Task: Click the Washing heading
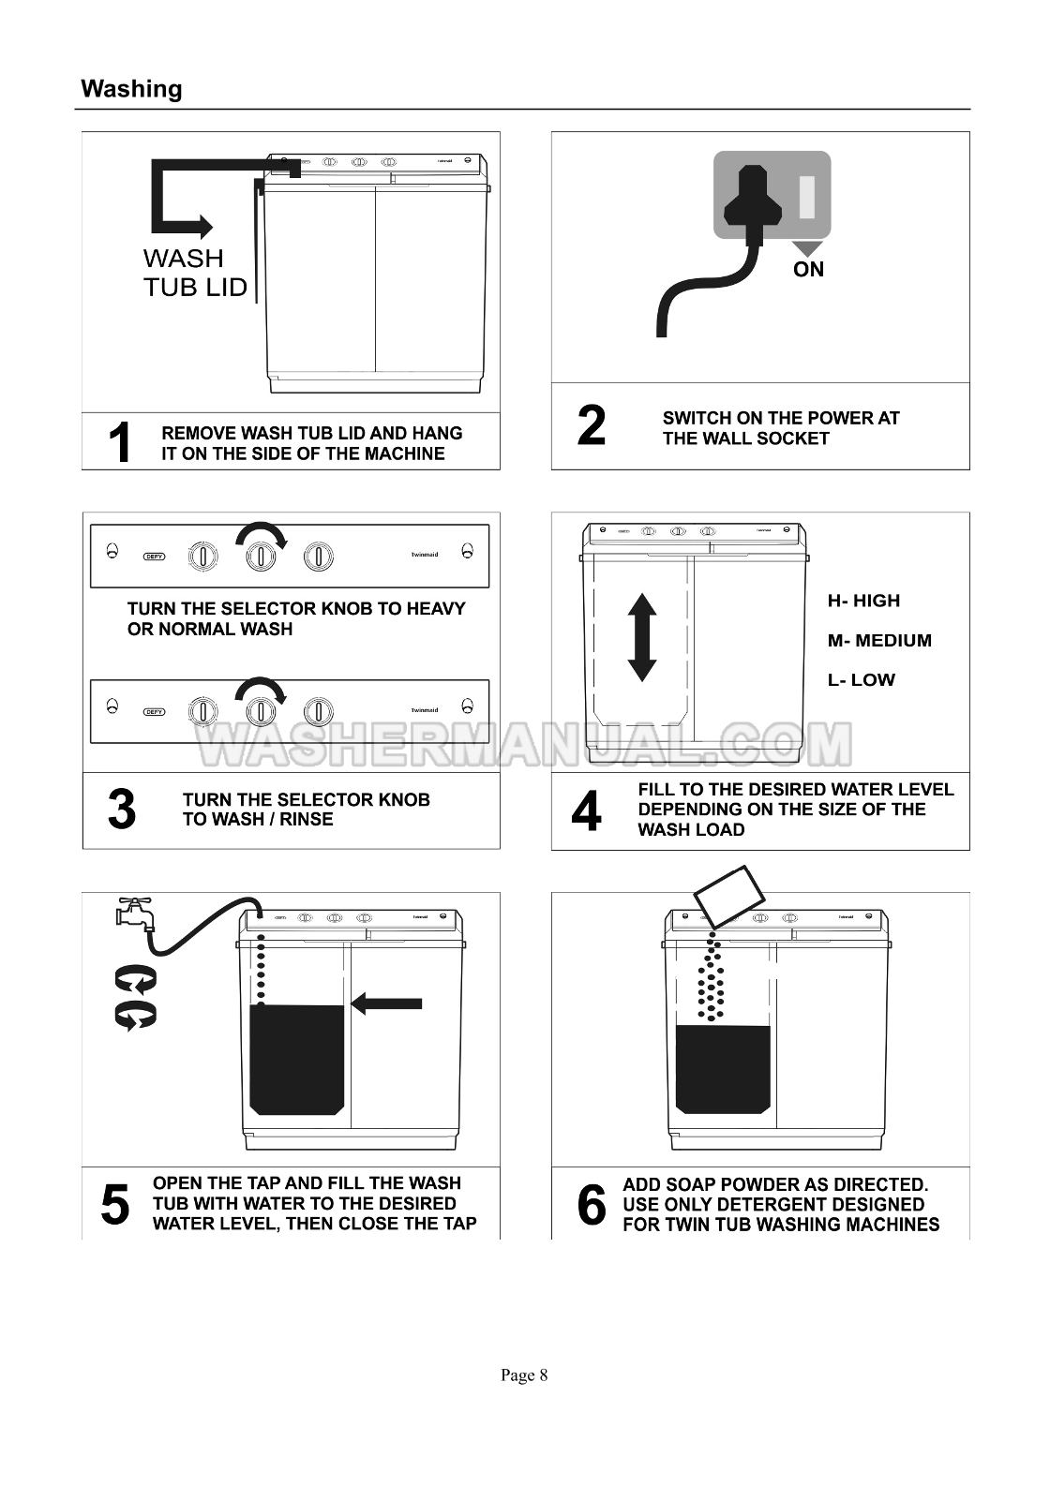(x=131, y=89)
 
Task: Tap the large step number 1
(x=119, y=442)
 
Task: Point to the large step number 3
(x=122, y=809)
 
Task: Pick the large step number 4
(x=587, y=810)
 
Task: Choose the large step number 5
(x=114, y=1204)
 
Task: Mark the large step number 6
(x=592, y=1204)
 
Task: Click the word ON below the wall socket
(x=808, y=269)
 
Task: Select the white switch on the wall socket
(x=807, y=197)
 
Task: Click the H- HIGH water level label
(x=863, y=601)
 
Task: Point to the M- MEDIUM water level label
(x=879, y=640)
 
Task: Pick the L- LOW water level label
(x=861, y=680)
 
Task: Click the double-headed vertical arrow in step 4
(x=642, y=637)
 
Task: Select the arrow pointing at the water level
(x=385, y=1003)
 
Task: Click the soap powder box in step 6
(x=728, y=897)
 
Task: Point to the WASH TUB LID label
(x=195, y=273)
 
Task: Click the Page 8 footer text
(x=524, y=1375)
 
